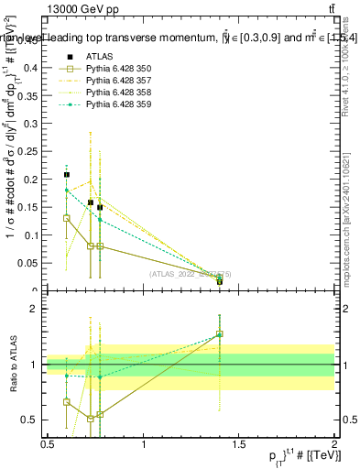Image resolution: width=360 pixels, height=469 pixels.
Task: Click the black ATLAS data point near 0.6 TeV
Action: pos(67,174)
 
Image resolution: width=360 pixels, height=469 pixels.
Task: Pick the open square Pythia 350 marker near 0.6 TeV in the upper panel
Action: pos(67,218)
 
